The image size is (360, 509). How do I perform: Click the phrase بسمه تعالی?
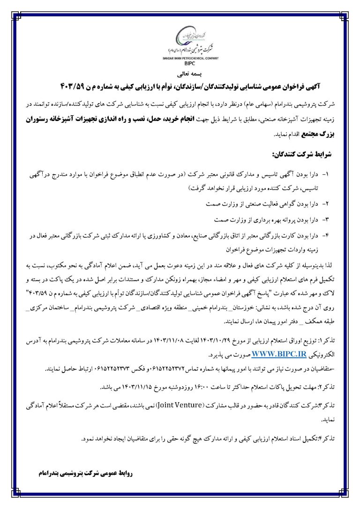point(180,74)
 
